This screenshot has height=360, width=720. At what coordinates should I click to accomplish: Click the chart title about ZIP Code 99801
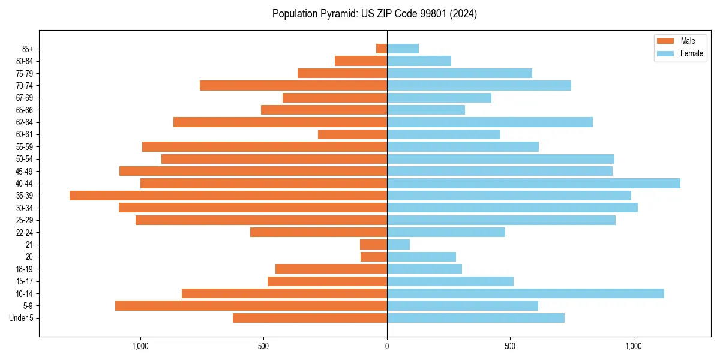(374, 14)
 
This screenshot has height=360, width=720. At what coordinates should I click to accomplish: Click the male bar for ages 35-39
(228, 196)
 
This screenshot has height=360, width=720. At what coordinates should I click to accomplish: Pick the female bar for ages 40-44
(533, 183)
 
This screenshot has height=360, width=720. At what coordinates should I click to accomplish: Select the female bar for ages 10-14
(525, 293)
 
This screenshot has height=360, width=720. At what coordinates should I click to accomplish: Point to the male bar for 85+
(382, 49)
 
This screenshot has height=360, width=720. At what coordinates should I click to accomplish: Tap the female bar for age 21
(398, 244)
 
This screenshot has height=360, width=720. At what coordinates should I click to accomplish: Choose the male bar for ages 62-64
(280, 122)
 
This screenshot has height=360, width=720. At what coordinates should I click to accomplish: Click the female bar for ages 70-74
(479, 85)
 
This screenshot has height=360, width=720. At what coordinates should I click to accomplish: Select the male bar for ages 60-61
(352, 134)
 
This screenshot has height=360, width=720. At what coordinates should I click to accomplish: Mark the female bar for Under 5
(475, 318)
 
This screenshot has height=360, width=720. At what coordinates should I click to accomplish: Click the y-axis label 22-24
(25, 232)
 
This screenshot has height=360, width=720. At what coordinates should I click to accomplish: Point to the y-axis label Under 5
(22, 318)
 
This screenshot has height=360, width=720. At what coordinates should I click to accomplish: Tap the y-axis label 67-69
(25, 98)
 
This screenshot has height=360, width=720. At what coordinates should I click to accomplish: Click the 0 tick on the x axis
(387, 346)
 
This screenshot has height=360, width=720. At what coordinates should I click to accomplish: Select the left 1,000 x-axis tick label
(140, 346)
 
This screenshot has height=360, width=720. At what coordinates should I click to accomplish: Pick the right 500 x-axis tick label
(510, 346)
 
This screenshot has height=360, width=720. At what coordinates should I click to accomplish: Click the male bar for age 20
(374, 257)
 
